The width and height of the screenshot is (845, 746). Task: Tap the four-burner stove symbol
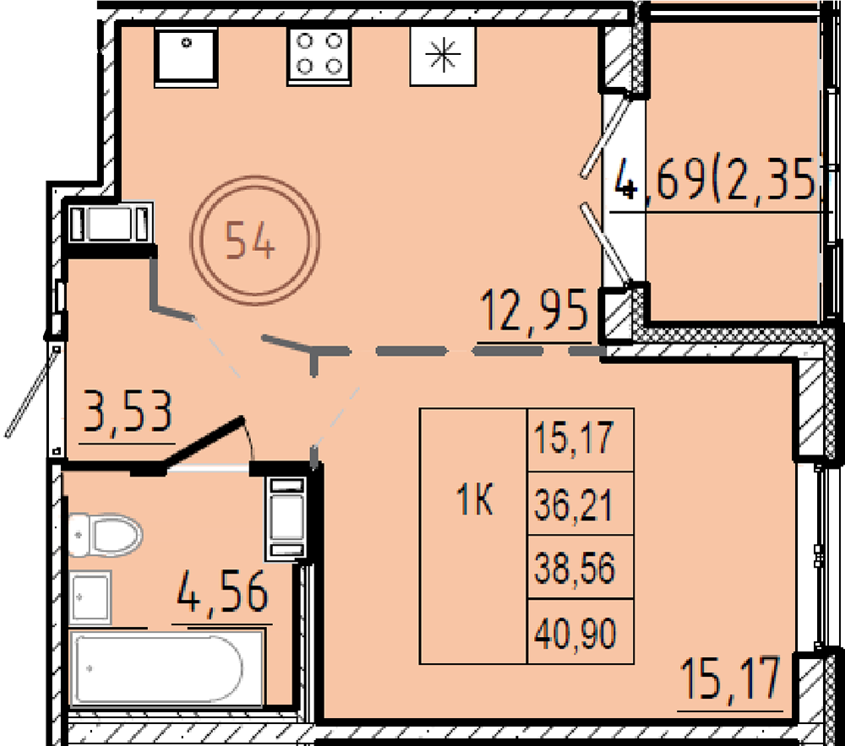pyautogui.click(x=319, y=56)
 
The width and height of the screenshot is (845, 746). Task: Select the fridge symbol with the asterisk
pyautogui.click(x=443, y=56)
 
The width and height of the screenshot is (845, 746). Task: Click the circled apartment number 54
pyautogui.click(x=255, y=240)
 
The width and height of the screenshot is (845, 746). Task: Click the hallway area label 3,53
pyautogui.click(x=128, y=412)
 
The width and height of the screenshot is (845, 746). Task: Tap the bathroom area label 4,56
pyautogui.click(x=222, y=591)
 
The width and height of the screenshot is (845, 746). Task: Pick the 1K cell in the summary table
pyautogui.click(x=474, y=500)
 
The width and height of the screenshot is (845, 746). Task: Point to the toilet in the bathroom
pyautogui.click(x=105, y=536)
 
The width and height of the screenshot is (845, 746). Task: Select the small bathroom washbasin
pyautogui.click(x=90, y=597)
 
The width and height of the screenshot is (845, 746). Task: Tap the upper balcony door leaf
pyautogui.click(x=606, y=134)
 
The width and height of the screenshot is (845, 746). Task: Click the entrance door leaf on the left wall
pyautogui.click(x=31, y=391)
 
